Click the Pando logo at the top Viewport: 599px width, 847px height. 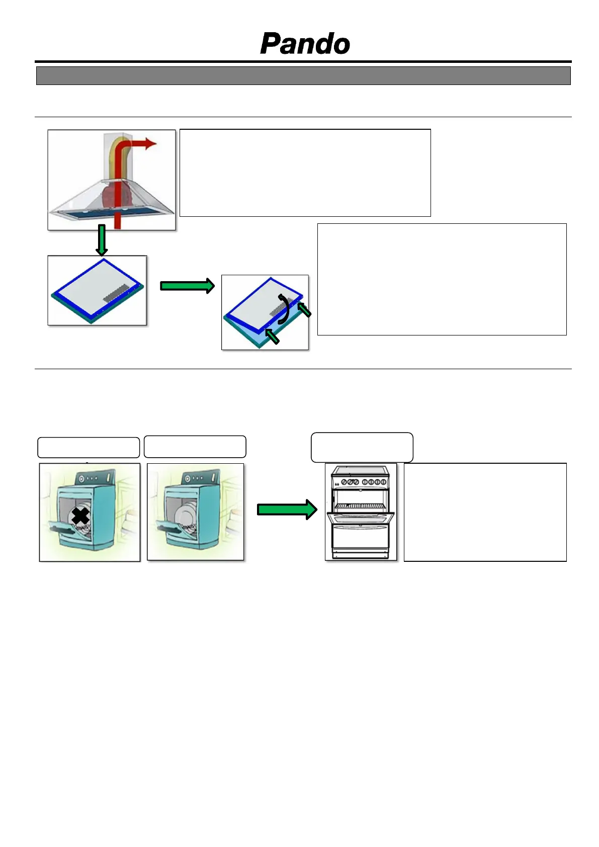pos(305,44)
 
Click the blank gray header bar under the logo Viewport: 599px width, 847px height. pos(303,76)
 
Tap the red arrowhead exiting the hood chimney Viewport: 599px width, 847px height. pos(150,143)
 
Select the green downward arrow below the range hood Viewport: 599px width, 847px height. pos(102,240)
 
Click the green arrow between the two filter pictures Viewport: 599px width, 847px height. pos(187,286)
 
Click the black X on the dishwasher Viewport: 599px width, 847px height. pos(80,516)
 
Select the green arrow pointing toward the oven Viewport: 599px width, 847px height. pos(287,510)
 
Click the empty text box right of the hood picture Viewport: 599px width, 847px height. pos(305,173)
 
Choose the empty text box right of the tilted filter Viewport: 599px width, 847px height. pos(442,279)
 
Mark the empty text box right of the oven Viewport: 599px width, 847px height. pos(485,512)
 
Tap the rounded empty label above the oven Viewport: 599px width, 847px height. pos(362,447)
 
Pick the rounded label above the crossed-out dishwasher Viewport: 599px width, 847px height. pos(89,447)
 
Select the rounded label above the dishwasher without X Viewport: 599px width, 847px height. pos(195,447)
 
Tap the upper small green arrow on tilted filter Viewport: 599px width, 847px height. pos(304,309)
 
